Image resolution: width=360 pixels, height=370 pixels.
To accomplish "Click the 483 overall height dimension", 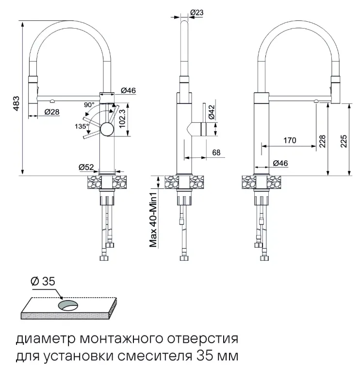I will [x=16, y=102].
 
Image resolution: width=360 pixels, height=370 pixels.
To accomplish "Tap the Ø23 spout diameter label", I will [x=196, y=13].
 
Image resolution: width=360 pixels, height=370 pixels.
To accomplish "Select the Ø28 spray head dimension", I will [x=52, y=113].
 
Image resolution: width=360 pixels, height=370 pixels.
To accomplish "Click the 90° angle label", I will [x=89, y=105].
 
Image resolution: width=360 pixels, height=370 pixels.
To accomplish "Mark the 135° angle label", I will [x=82, y=126].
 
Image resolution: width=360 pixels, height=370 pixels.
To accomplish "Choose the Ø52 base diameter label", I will [x=86, y=168].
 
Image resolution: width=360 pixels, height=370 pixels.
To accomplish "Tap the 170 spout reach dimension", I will [x=290, y=141].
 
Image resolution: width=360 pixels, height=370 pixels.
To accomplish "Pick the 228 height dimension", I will [x=323, y=141].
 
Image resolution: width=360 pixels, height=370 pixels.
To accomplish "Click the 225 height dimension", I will [x=343, y=141].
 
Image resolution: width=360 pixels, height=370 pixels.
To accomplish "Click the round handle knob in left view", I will [x=106, y=129].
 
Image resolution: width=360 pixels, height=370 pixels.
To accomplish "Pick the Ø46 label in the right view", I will [x=280, y=164].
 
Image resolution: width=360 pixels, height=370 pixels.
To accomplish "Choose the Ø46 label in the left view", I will [x=128, y=90].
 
